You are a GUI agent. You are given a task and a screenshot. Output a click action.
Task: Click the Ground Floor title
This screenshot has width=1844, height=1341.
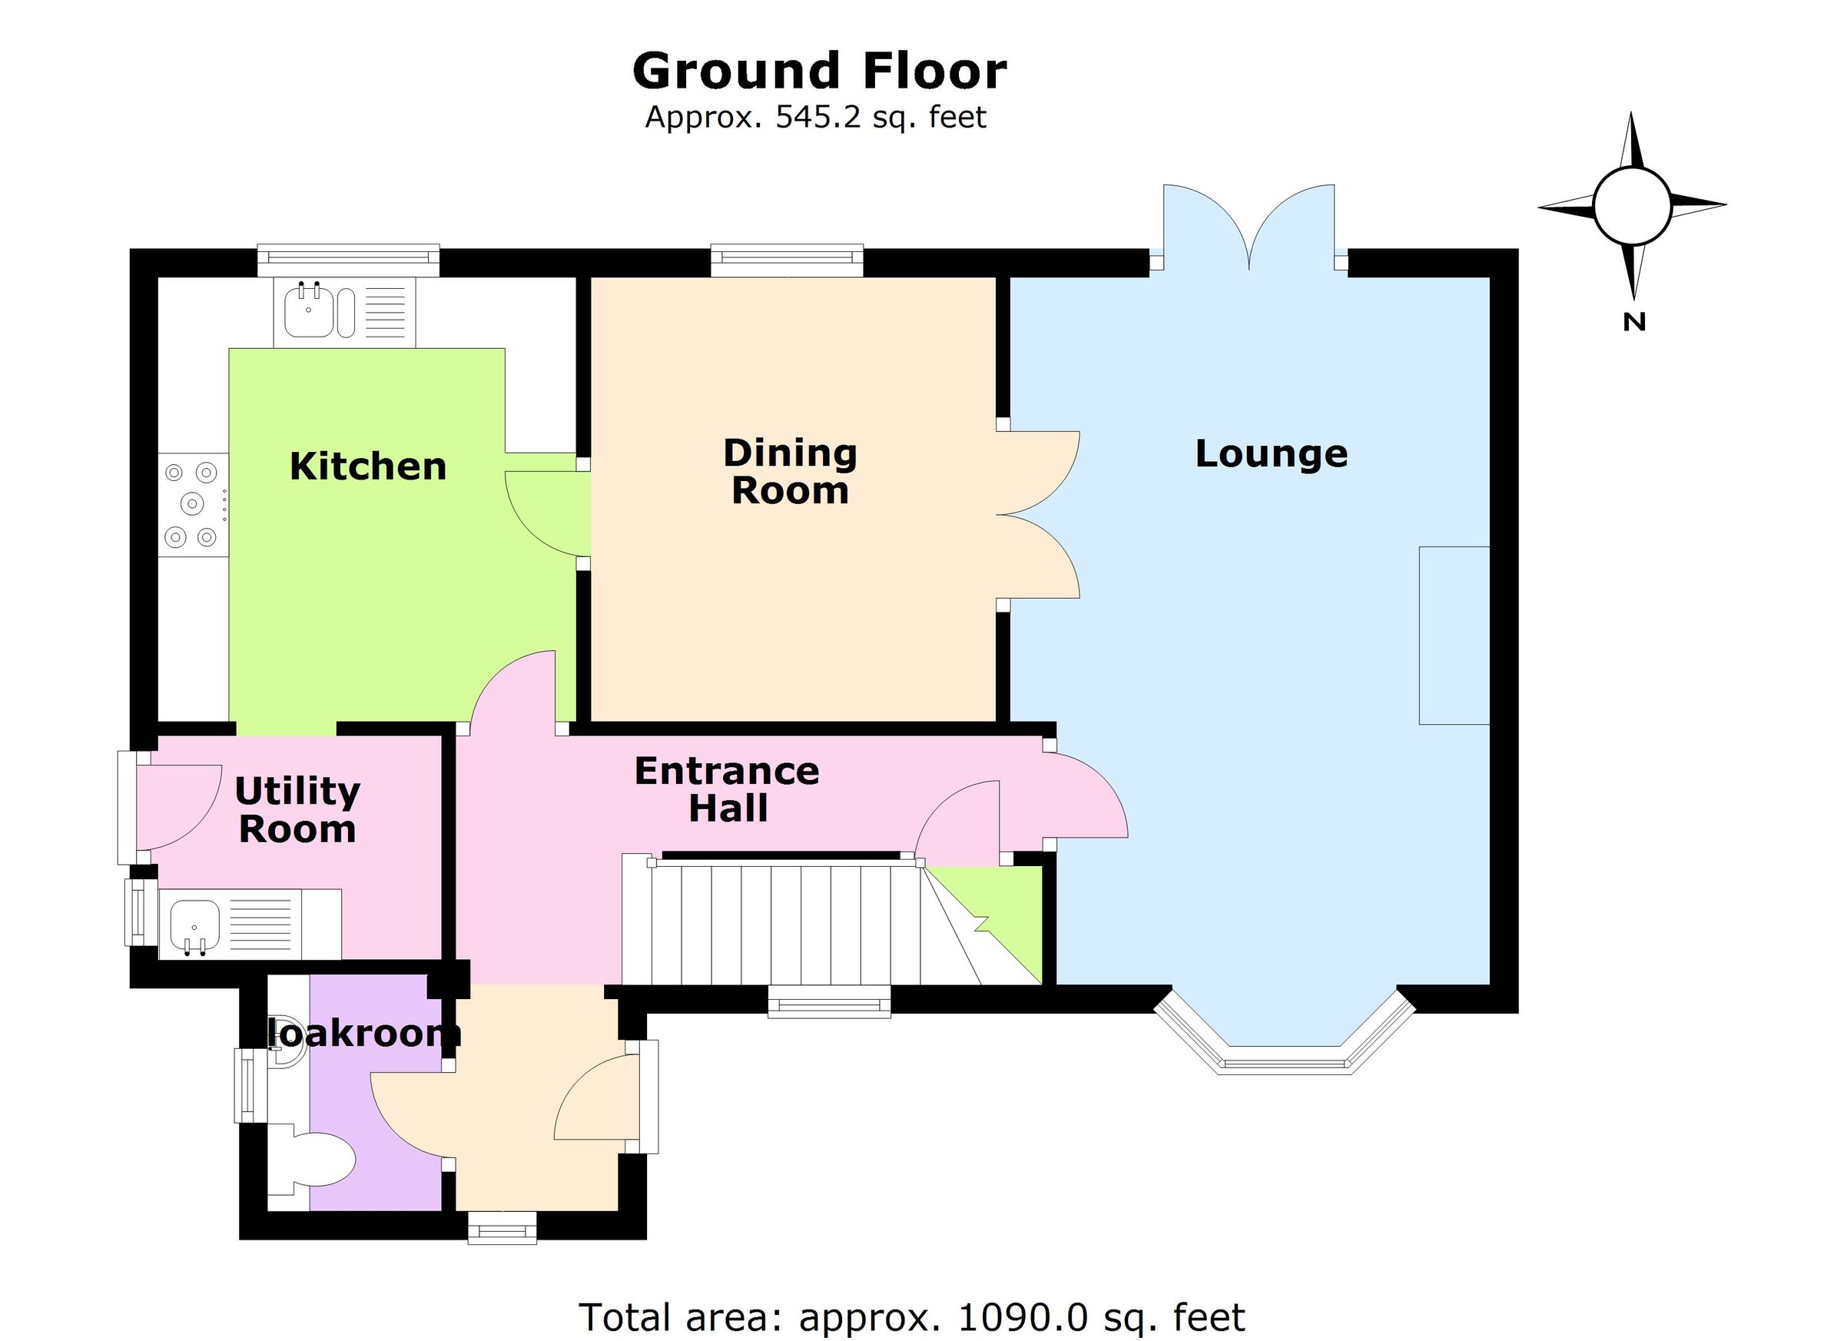(x=819, y=71)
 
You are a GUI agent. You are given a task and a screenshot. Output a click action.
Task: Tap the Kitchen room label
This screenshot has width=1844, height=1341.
(x=367, y=466)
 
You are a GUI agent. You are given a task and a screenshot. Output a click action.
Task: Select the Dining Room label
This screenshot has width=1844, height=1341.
(x=790, y=472)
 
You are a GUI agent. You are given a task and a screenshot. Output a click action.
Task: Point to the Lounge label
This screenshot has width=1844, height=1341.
(x=1271, y=453)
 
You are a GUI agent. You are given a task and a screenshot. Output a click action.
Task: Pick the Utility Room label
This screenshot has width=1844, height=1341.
(x=297, y=810)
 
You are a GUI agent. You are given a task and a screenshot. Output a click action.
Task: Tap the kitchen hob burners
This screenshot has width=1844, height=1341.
(x=192, y=504)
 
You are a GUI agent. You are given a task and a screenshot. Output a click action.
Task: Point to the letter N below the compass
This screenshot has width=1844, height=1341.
(x=1633, y=322)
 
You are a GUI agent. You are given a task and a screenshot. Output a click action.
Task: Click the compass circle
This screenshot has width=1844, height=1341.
(x=1632, y=207)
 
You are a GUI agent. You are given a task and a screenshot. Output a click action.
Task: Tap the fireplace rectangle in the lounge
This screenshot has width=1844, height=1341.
(x=1453, y=635)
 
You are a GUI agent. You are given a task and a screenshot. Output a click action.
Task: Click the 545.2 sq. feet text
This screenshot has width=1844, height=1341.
(x=815, y=118)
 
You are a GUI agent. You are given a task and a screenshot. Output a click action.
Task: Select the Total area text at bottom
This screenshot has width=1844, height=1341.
(x=910, y=1316)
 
